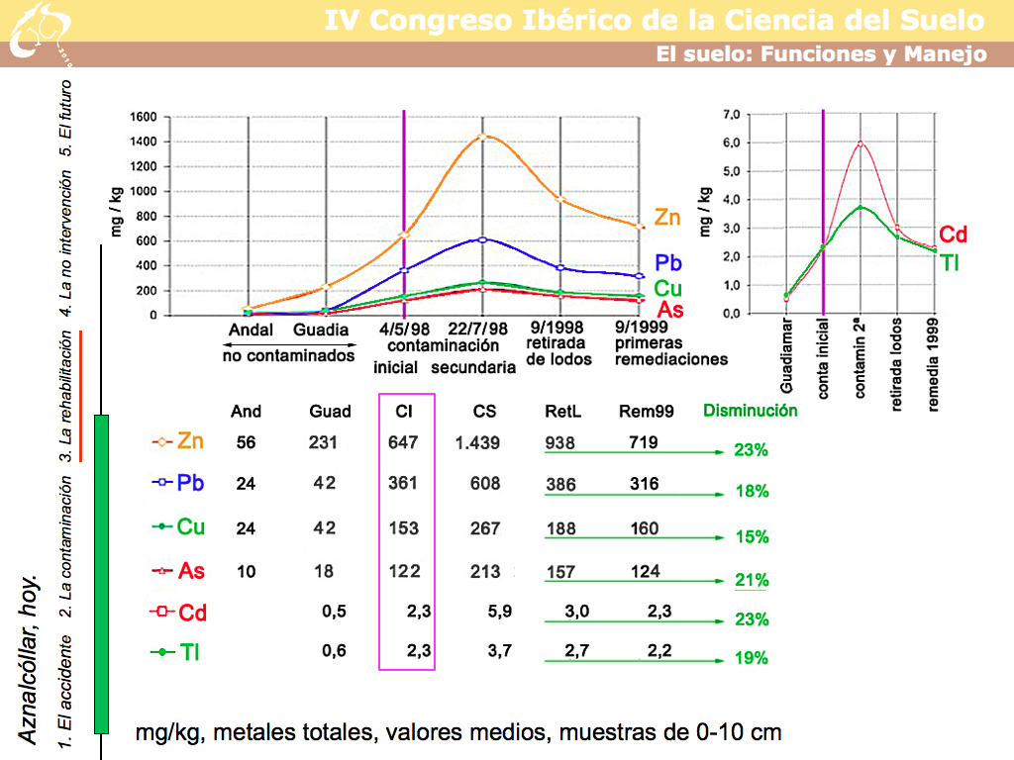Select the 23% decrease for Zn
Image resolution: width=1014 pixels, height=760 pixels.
tap(752, 450)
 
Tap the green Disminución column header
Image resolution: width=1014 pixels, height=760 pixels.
tap(750, 411)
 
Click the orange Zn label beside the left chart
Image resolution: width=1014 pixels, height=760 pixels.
tap(667, 218)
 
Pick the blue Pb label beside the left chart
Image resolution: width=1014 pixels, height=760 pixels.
tap(667, 264)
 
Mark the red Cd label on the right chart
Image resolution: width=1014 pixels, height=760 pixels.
tap(953, 235)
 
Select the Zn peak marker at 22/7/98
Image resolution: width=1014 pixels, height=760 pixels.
tap(482, 137)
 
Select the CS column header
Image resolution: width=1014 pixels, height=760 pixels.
tap(484, 412)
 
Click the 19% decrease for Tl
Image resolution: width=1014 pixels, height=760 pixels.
tap(752, 658)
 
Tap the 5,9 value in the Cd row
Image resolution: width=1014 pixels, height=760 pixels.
tap(500, 613)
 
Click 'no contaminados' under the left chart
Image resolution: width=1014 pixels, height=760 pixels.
tap(288, 355)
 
